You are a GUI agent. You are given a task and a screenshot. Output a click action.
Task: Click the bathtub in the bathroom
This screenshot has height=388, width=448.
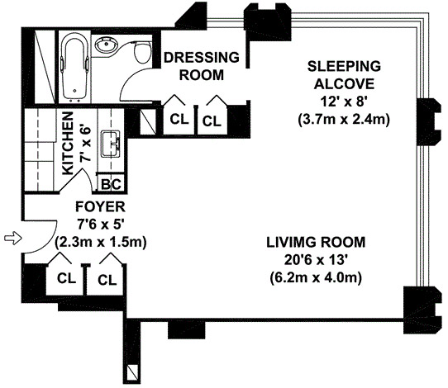pos(75,68)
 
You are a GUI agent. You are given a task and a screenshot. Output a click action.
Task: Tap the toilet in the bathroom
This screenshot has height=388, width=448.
pos(142,52)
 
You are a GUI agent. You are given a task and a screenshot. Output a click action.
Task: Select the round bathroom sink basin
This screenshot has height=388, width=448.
pos(106,45)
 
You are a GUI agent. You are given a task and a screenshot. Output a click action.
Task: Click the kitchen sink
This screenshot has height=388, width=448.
pos(112,144)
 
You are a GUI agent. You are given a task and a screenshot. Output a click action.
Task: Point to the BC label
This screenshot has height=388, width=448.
pos(112,185)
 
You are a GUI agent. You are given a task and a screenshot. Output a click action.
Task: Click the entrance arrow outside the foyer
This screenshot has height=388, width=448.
pos(13,238)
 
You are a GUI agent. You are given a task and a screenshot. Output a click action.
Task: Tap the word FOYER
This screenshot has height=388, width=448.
pos(100,207)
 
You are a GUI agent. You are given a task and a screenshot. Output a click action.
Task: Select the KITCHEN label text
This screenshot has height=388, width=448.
pos(68,144)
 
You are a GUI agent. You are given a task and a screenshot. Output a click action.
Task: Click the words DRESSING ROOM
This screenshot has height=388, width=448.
pos(202,66)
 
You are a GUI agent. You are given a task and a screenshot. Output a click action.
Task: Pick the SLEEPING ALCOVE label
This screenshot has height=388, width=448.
pos(344,75)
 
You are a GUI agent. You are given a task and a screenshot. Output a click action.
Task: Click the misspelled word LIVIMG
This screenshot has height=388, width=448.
pos(291,242)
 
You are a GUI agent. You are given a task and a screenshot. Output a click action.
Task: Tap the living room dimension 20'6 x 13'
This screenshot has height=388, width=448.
pos(316,260)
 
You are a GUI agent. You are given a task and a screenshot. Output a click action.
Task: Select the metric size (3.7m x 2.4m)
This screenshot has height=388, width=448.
pos(344,120)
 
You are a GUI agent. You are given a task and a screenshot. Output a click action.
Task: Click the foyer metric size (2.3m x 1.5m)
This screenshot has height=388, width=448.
pos(100,242)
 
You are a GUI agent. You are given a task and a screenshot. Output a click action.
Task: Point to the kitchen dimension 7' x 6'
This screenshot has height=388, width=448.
pos(86,144)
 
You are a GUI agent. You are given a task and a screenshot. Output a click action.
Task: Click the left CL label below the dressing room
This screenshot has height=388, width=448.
pos(179,119)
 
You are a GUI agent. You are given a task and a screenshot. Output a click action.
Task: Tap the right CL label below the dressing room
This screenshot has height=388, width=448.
pos(212,121)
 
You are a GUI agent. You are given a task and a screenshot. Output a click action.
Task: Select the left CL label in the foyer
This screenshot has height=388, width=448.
pos(67,278)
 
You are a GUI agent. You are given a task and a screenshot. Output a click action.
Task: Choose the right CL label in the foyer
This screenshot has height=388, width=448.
pos(107,280)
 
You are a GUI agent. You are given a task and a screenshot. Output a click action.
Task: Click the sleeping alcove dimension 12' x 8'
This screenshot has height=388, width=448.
pos(344,102)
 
